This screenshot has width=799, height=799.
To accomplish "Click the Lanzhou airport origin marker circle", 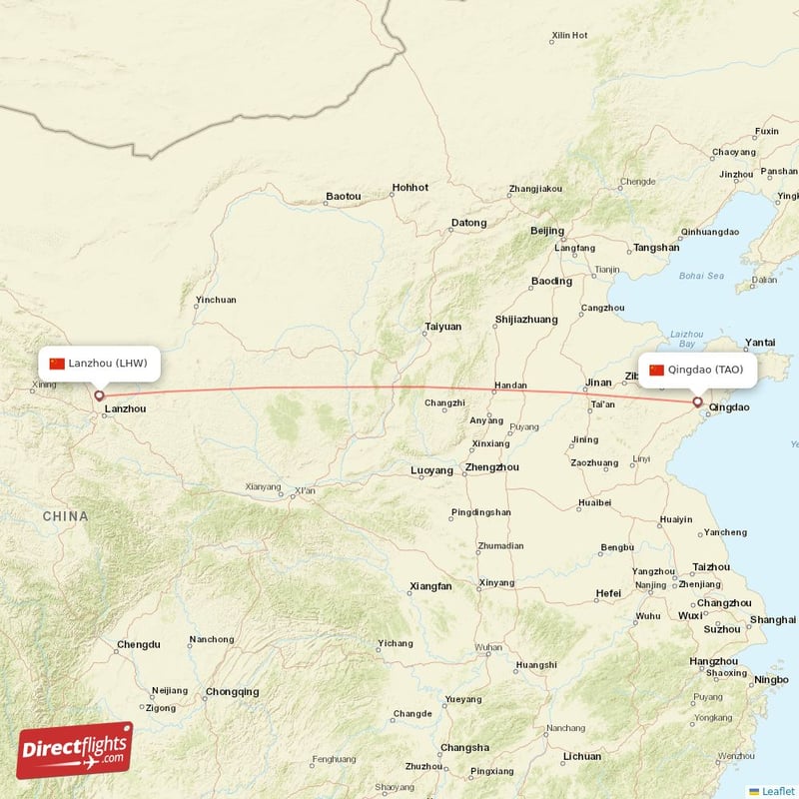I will coord(99,396).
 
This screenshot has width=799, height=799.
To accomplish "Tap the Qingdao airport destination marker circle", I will coord(697,402).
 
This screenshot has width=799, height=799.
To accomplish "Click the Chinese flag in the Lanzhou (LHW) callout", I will coord(57,363).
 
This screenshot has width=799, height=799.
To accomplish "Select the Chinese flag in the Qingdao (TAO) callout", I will coord(656,370).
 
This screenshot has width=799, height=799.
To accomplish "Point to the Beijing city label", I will coord(547,231).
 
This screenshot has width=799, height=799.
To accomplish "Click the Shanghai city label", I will coord(773,619).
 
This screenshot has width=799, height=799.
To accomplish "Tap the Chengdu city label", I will coord(138,644).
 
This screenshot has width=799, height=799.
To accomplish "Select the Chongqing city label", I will coord(232,691).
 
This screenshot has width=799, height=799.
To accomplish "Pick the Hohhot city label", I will coord(409,187).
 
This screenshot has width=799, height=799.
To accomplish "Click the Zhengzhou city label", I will coord(492,466).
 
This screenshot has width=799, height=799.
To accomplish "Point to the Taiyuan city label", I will coord(443,327).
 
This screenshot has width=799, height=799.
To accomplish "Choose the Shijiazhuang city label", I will coord(525,320).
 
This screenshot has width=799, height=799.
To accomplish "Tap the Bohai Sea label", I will coord(701,275).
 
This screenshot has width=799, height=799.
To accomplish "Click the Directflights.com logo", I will coord(75,750).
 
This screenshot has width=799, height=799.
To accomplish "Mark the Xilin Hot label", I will coord(569,36).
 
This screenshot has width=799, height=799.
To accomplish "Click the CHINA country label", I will coord(65,516).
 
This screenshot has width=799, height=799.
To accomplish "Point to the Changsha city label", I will coord(465,747).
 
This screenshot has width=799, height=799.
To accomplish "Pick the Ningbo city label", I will coord(771,680).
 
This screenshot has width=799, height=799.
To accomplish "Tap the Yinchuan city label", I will coord(217,300).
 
